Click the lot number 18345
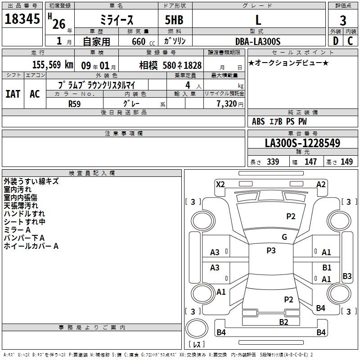pyautogui.click(x=22, y=19)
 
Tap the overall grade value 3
pyautogui.click(x=343, y=20)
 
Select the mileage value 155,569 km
pyautogui.click(x=53, y=65)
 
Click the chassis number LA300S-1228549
pyautogui.click(x=302, y=143)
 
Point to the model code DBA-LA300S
pyautogui.click(x=258, y=41)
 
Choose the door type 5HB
pyautogui.click(x=174, y=20)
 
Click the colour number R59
pyautogui.click(x=74, y=104)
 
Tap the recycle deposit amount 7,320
pyautogui.click(x=227, y=104)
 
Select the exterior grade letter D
pyautogui.click(x=336, y=41)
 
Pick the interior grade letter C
pyautogui.click(x=350, y=41)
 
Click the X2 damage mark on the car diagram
pyautogui.click(x=220, y=184)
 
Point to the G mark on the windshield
pyautogui.click(x=284, y=237)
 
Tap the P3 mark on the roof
pyautogui.click(x=271, y=251)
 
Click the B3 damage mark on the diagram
pyautogui.click(x=347, y=276)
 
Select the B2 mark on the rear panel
pyautogui.click(x=283, y=322)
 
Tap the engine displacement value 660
pyautogui.click(x=139, y=41)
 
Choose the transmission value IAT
pyautogui.click(x=13, y=94)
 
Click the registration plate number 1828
pyautogui.click(x=193, y=65)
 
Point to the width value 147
pyautogui.click(x=310, y=162)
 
